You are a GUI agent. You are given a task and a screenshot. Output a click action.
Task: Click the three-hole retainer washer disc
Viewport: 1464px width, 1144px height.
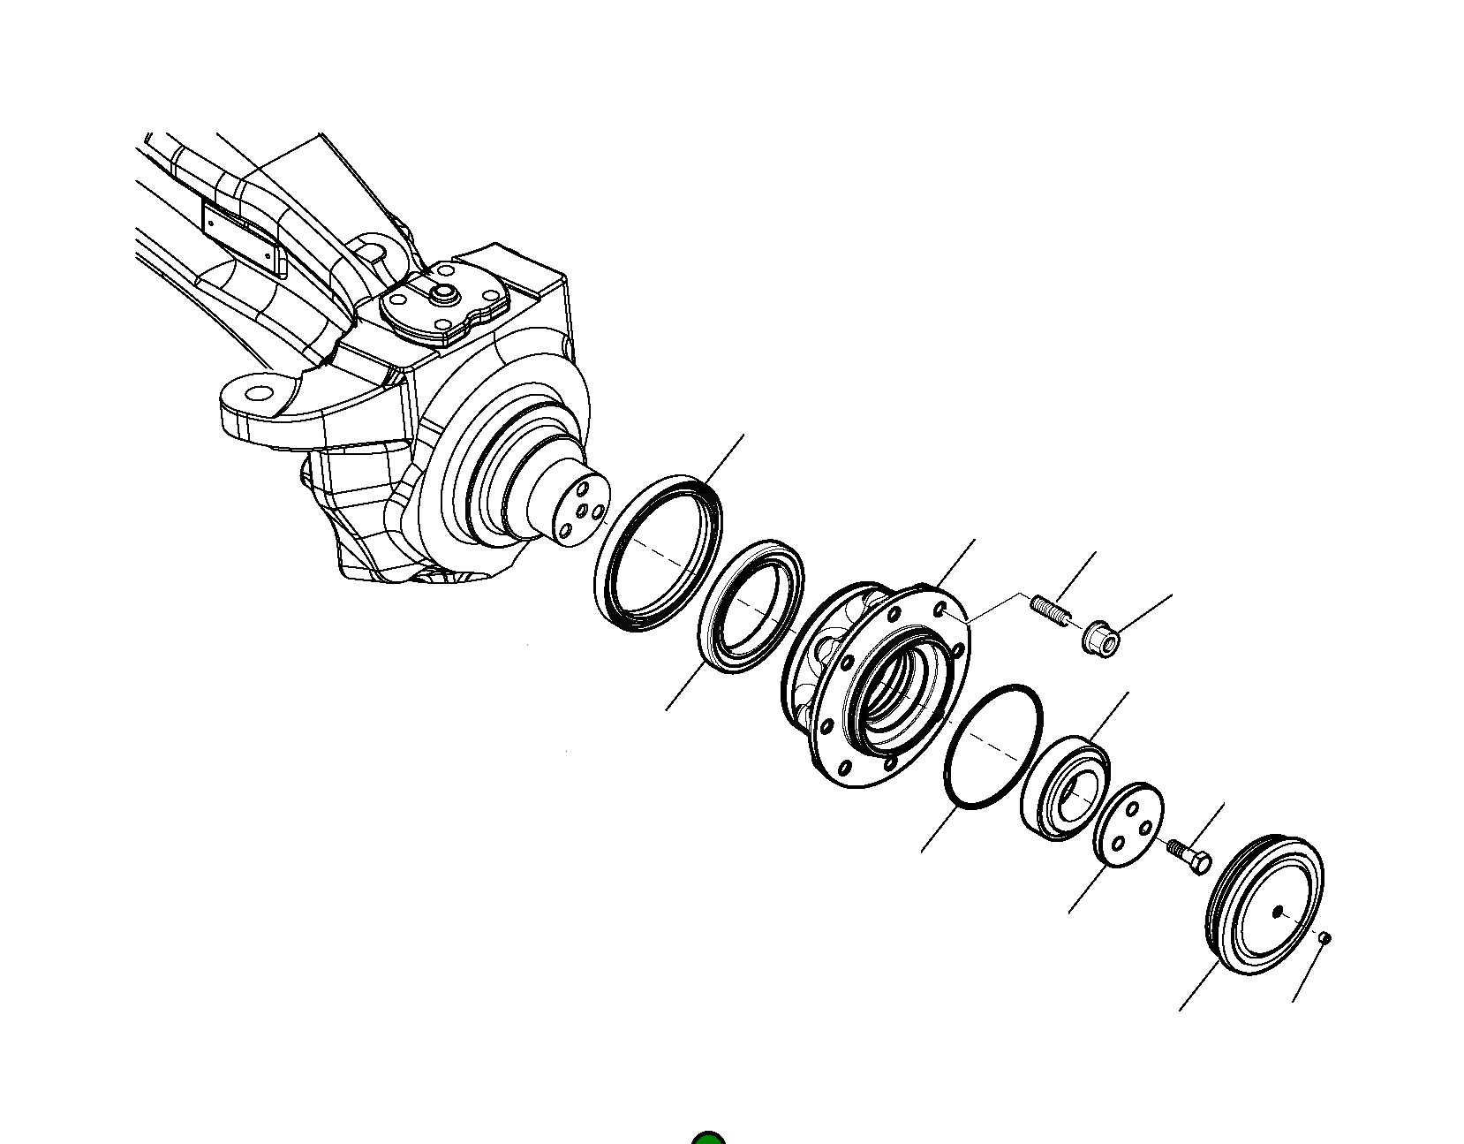(1128, 824)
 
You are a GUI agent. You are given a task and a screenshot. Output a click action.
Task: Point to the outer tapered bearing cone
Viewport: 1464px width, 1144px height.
(1065, 786)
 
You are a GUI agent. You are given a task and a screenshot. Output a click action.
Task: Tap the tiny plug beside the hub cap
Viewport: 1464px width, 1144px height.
(1324, 938)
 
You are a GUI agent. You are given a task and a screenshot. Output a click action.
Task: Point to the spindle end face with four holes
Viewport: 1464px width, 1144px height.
(581, 511)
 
